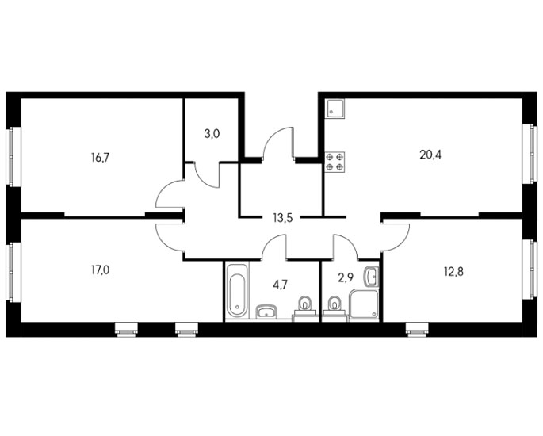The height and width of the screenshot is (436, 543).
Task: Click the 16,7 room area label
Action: point(101,158)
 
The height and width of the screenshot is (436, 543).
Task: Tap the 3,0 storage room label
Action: point(212,133)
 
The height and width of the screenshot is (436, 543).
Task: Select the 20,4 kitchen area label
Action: point(430,155)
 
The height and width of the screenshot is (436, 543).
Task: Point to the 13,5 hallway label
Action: point(283,218)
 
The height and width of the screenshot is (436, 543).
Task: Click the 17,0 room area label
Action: point(101,270)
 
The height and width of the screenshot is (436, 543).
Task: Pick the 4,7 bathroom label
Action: point(280,285)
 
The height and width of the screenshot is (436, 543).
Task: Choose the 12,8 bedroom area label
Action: point(453,272)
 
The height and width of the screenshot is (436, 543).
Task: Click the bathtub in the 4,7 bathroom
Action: point(237,290)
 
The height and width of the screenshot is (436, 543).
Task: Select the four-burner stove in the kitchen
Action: point(335,162)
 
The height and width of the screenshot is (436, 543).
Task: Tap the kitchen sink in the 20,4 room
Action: point(335,108)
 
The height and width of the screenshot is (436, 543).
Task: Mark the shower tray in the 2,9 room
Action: point(364,304)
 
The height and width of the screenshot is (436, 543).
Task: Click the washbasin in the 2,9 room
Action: point(371,277)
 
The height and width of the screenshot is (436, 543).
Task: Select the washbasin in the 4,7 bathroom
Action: point(266,312)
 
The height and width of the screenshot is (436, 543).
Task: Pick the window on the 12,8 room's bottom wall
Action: point(417,329)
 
